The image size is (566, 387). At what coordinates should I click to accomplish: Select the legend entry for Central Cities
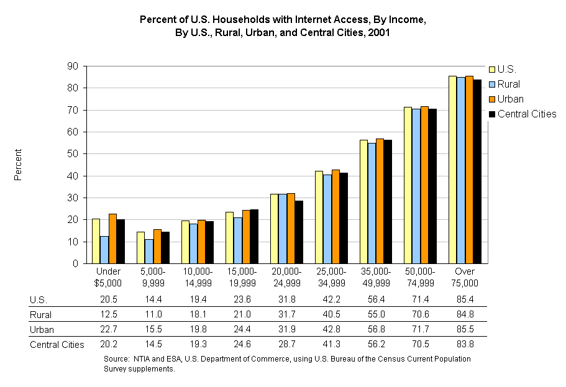[x=526, y=114]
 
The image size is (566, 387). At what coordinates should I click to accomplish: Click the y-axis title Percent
[x=19, y=165]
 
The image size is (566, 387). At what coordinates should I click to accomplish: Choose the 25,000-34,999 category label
[x=331, y=277]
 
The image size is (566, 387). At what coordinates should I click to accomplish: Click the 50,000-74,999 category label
[x=421, y=277]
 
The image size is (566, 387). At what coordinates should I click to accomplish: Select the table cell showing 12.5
[x=108, y=314]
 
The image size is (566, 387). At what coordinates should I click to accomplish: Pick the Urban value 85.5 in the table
[x=465, y=329]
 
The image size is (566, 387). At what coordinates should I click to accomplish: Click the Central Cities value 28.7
[x=286, y=344]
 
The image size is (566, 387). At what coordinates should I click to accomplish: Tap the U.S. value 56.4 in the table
[x=376, y=299]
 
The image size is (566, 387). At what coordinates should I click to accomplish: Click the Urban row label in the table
[x=42, y=329]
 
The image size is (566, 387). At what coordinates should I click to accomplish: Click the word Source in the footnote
[x=116, y=359]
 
